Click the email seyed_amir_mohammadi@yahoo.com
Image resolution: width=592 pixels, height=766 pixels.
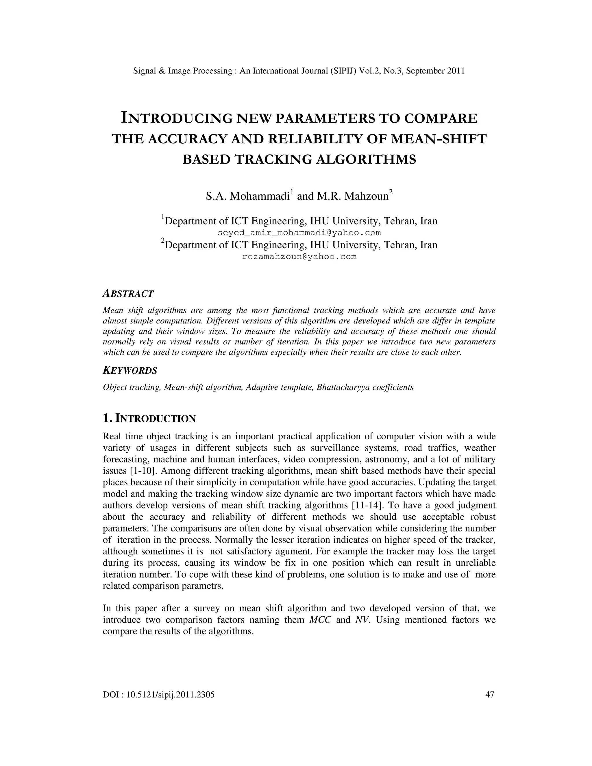[x=299, y=232]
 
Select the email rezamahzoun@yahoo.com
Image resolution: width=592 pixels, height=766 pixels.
[x=299, y=256]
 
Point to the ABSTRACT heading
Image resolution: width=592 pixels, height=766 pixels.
[x=128, y=294]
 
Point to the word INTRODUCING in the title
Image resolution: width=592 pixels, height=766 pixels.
[x=177, y=119]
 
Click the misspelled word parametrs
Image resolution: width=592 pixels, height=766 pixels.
[x=206, y=586]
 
